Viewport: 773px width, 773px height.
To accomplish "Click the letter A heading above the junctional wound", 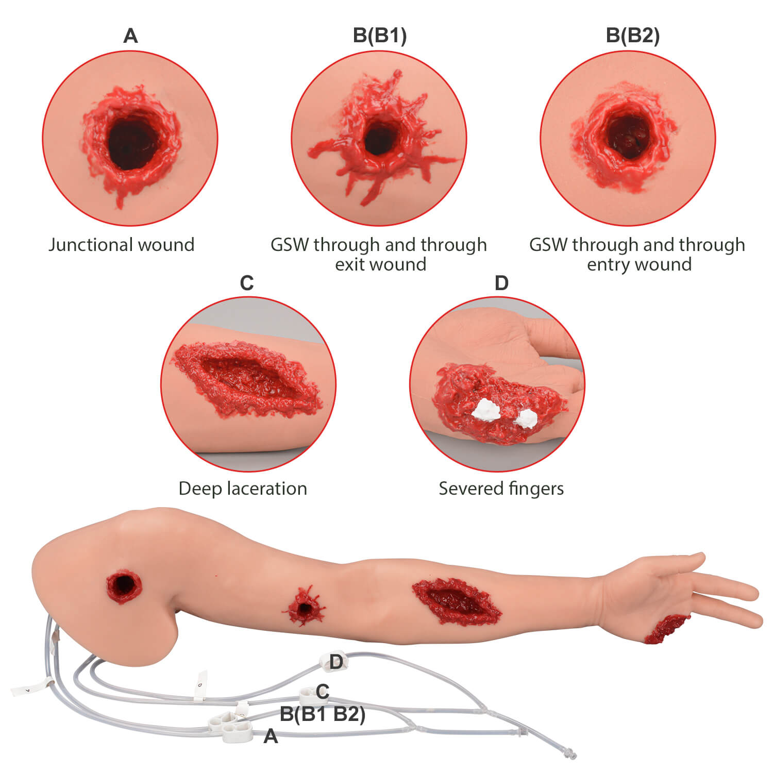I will [130, 36].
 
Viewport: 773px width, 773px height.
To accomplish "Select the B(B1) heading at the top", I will [380, 35].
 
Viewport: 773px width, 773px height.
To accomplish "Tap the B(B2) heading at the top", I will [632, 35].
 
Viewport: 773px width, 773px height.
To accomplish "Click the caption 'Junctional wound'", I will [121, 244].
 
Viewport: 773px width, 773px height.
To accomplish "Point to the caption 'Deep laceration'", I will [243, 488].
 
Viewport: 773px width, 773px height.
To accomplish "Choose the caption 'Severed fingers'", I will [501, 488].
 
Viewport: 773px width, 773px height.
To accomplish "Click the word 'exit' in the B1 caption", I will [351, 264].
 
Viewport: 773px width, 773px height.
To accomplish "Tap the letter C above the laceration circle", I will [247, 283].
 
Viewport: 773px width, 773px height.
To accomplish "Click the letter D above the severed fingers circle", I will [501, 283].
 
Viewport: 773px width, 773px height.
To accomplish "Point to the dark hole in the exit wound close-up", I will [380, 138].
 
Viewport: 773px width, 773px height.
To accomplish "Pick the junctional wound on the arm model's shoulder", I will [124, 586].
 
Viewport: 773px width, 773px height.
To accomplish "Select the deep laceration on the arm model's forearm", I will [457, 601].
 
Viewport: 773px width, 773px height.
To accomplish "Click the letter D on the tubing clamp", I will [336, 662].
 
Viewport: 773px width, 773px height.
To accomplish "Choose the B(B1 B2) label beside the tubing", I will [323, 714].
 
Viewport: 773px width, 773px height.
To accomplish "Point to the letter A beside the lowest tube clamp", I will [271, 736].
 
